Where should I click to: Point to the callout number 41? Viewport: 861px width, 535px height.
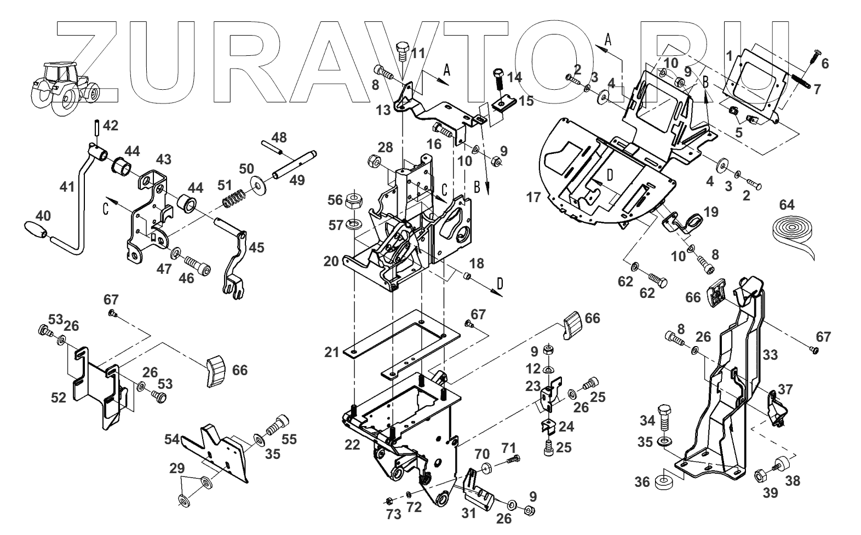click(67, 187)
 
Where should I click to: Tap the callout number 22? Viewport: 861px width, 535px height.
click(352, 445)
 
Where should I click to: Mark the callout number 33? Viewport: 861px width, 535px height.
click(770, 355)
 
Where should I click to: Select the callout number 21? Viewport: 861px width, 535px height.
click(331, 352)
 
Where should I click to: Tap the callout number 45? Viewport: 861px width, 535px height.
click(256, 248)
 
